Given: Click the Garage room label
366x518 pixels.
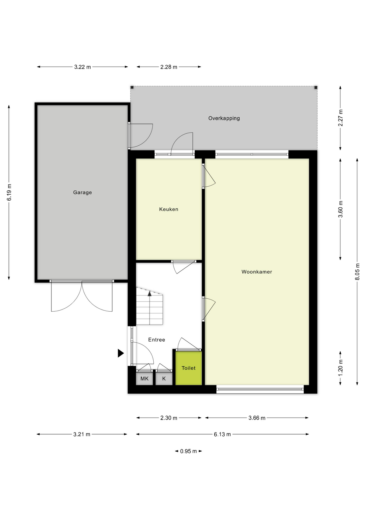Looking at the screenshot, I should [x=82, y=192].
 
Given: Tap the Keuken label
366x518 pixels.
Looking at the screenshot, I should [x=169, y=209].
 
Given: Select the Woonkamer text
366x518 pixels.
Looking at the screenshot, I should [x=257, y=272].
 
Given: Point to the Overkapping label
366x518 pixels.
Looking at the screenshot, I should [x=224, y=118].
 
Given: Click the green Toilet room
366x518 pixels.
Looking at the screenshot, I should [x=188, y=368].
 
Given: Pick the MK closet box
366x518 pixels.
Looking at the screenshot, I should [x=144, y=379].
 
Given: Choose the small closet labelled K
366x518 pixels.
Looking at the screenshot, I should [x=164, y=379].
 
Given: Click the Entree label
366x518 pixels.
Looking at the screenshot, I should [x=157, y=340].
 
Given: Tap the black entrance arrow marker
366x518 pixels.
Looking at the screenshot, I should [x=120, y=353].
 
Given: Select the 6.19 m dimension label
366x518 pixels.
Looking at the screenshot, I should [x=9, y=192].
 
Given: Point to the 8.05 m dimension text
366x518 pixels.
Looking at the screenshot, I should [x=357, y=272].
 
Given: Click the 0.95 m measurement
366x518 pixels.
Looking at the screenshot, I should [x=188, y=451].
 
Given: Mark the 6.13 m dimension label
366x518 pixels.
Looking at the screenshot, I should [x=222, y=434].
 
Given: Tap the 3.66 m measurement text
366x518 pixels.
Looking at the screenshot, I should [x=257, y=418].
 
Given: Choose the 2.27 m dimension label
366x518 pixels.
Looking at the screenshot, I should [x=340, y=118].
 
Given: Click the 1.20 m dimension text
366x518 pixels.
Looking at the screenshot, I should [x=340, y=368].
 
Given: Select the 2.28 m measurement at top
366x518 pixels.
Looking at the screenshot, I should [x=169, y=67].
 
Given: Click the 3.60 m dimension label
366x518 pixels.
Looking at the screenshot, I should [x=340, y=209].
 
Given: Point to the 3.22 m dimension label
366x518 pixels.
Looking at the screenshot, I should [x=82, y=67].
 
